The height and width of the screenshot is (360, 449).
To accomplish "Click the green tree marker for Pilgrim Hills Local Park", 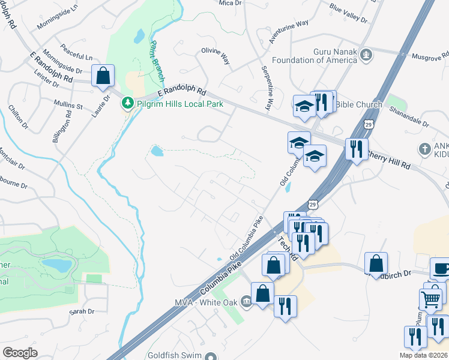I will pos(127,104).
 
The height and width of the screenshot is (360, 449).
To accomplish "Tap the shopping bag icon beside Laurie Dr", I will pos(103,76).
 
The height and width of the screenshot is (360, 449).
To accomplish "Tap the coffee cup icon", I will pos(441,269).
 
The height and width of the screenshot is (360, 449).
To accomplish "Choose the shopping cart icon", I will pos(430,298).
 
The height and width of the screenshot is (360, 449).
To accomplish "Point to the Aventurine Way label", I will pos(288,31).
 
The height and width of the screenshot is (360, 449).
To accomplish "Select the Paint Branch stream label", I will pos(157,61).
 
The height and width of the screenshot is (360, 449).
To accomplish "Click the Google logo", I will pos(20,353).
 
